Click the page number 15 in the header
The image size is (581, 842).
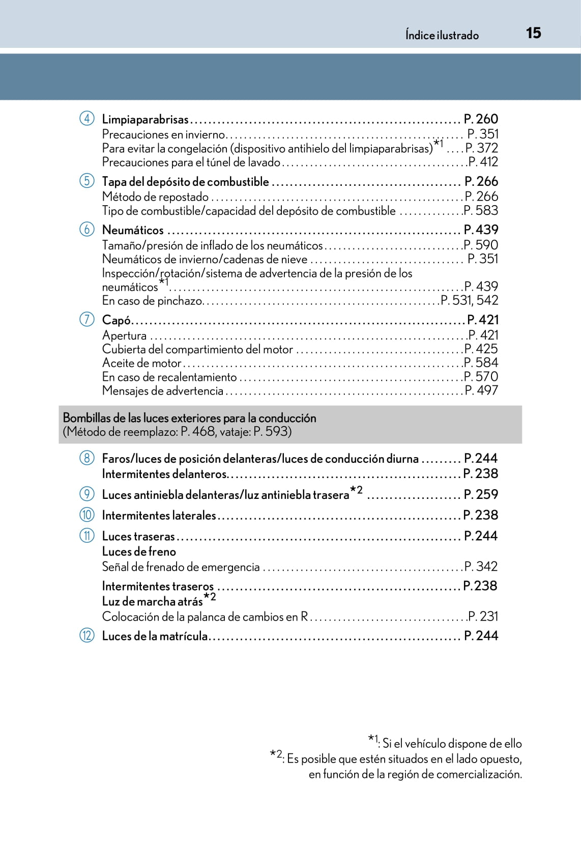pos(533,33)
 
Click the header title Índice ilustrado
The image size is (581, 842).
pos(442,35)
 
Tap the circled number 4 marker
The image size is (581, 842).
pos(87,119)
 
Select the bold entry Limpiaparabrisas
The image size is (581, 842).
pos(145,119)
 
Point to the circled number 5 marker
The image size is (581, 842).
pos(87,181)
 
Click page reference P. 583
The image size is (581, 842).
pos(481,210)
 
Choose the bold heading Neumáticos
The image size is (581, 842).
pos(133,230)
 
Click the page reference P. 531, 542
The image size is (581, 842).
pos(469,300)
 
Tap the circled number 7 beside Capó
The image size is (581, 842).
pos(87,319)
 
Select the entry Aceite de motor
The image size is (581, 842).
pos(141,363)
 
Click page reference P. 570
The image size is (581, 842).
pos(481,377)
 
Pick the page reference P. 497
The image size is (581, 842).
pos(481,390)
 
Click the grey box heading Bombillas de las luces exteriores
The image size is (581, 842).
pos(189,418)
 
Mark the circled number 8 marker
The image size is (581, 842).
pos(87,458)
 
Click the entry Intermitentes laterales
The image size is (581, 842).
pos(159,515)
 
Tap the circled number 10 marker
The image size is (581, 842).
pos(87,515)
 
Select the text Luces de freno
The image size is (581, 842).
pos(139,551)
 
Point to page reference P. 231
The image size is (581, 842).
pos(483,616)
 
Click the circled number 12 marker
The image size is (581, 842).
pos(87,635)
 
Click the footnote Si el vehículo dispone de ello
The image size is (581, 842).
pos(452,743)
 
